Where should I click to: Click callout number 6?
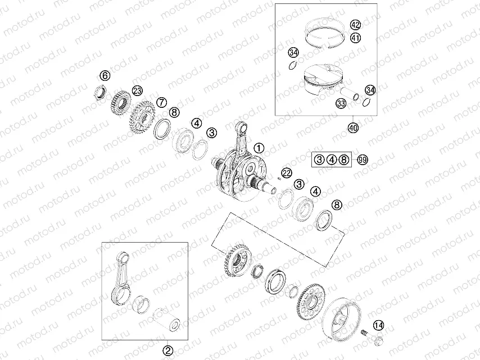[x=105, y=75]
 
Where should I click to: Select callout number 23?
[x=138, y=90]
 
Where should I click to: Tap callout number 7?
[x=161, y=102]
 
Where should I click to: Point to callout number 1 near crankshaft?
[x=259, y=148]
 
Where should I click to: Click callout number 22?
[x=287, y=173]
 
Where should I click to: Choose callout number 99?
[x=363, y=160]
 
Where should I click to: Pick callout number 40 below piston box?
[x=354, y=127]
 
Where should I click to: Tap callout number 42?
[x=355, y=25]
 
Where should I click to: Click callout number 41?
[x=355, y=38]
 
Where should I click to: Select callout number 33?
[x=341, y=103]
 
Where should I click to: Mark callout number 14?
[x=379, y=325]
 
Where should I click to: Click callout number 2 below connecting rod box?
[x=167, y=350]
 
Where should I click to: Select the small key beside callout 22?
[x=278, y=178]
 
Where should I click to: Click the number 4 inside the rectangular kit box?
[x=332, y=160]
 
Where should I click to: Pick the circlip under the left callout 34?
[x=293, y=66]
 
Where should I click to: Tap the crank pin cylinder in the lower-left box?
[x=166, y=321]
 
